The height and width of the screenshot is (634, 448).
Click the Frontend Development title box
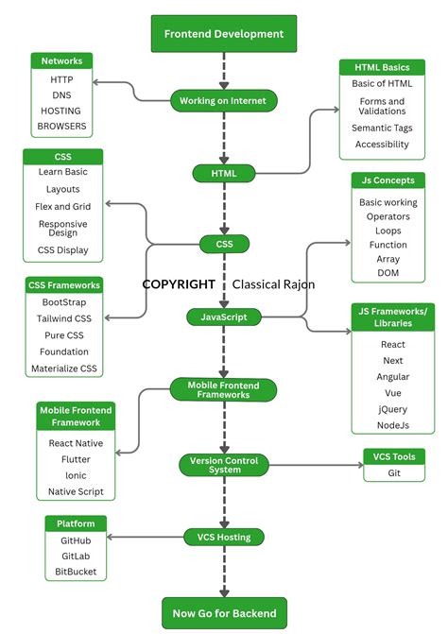pyautogui.click(x=223, y=34)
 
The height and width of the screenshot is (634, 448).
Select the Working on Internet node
pyautogui.click(x=223, y=100)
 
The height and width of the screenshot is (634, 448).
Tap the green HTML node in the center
pyautogui.click(x=223, y=173)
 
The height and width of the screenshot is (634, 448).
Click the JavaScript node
pyautogui.click(x=223, y=317)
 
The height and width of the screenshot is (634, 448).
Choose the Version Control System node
pyautogui.click(x=224, y=464)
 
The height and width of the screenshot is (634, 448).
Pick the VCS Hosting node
pyautogui.click(x=223, y=537)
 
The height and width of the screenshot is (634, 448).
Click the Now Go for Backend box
pyautogui.click(x=223, y=613)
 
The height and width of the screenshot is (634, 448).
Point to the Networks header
pyautogui.click(x=62, y=60)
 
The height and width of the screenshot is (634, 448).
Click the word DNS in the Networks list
pyautogui.click(x=62, y=95)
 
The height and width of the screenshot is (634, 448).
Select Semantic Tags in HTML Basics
pyautogui.click(x=382, y=128)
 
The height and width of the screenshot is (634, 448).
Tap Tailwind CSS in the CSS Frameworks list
pyautogui.click(x=64, y=318)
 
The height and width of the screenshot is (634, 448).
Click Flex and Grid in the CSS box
pyautogui.click(x=63, y=206)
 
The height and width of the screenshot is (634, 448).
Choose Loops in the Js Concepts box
pyautogui.click(x=388, y=231)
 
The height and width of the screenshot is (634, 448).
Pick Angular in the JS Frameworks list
pyautogui.click(x=392, y=376)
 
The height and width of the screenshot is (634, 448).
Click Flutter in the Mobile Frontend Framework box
pyautogui.click(x=76, y=458)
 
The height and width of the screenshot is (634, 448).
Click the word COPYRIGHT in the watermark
pyautogui.click(x=179, y=283)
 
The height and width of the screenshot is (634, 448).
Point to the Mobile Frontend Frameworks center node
pyautogui.click(x=223, y=389)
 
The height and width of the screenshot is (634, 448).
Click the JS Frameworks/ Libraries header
pyautogui.click(x=392, y=317)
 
